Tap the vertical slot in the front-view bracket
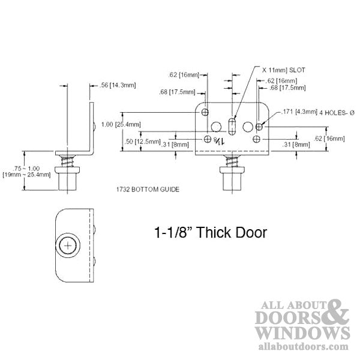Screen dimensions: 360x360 [x=232, y=128]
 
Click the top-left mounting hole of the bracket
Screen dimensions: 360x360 [x=205, y=112]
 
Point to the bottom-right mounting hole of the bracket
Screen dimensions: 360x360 [x=257, y=139]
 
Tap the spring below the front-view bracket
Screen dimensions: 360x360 [x=232, y=163]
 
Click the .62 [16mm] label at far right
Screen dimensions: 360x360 [x=340, y=139]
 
